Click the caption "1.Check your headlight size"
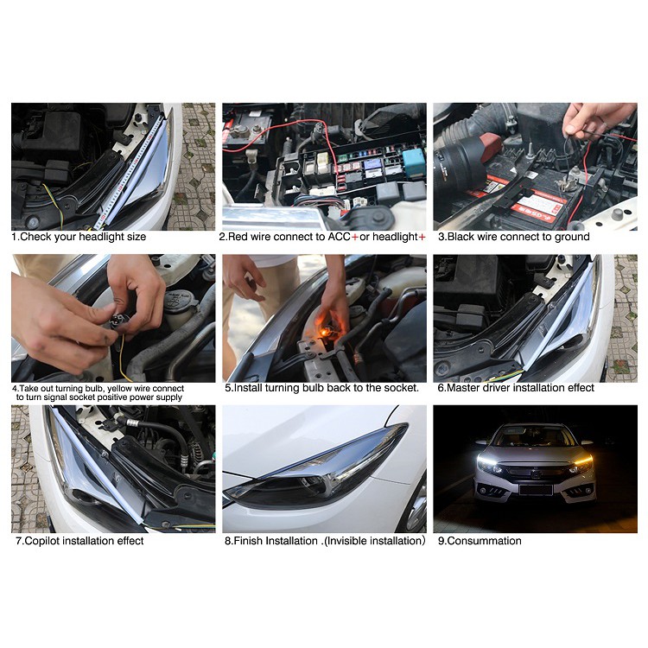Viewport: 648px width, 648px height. coord(79,237)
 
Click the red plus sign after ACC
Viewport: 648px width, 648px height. coord(354,237)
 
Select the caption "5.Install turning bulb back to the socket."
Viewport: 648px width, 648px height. coord(321,388)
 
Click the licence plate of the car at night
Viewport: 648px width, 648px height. coord(536,489)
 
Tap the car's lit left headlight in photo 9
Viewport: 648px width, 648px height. coord(491,464)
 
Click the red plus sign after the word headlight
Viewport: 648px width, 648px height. coord(422,237)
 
